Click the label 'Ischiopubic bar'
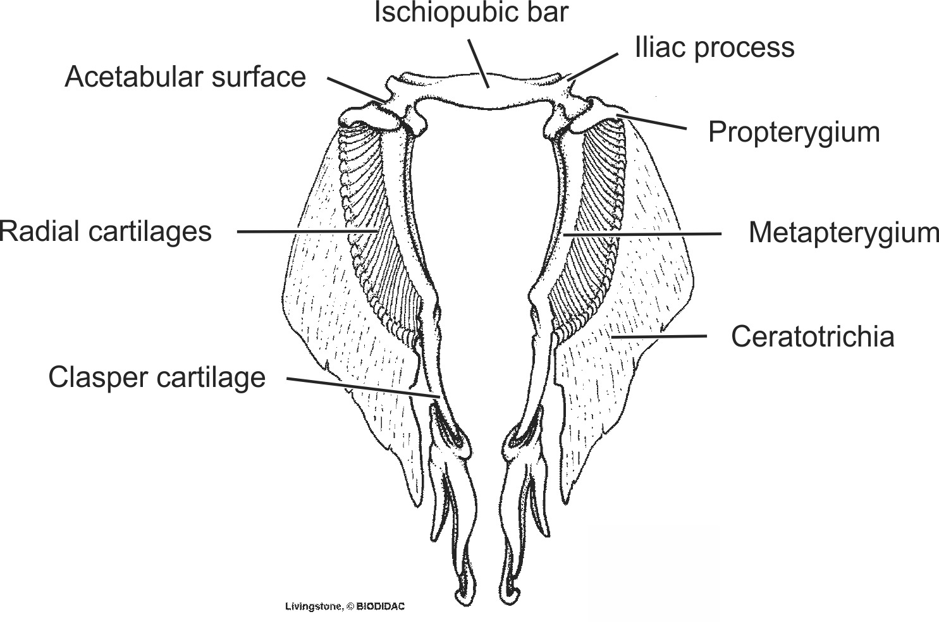coord(471,13)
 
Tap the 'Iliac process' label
coord(715,47)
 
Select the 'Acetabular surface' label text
coord(185,77)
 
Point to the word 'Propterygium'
coord(794,132)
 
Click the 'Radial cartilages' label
coord(106,231)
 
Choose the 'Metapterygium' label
coord(844,233)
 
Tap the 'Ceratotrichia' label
coord(813,336)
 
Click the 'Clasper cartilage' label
coord(157,377)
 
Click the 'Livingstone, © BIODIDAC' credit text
coord(345,606)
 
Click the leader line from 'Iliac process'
coord(594,66)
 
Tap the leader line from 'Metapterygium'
coord(642,234)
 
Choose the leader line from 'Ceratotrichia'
coord(659,336)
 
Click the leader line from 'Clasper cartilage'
coord(364,388)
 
